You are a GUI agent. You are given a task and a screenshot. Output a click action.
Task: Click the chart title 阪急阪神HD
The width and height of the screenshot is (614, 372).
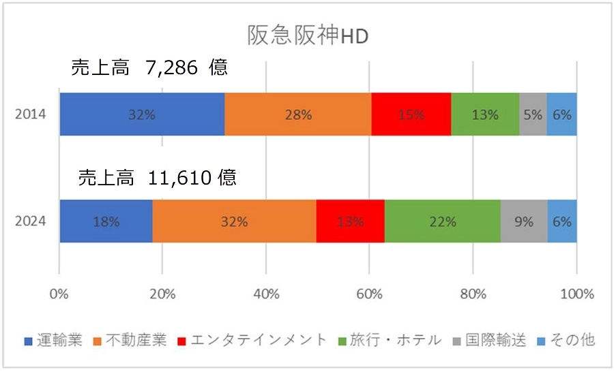pos(306,35)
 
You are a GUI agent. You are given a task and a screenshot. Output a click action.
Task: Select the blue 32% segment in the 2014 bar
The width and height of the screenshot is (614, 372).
pos(142,114)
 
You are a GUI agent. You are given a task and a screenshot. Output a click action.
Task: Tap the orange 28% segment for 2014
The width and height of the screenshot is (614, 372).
pos(297,114)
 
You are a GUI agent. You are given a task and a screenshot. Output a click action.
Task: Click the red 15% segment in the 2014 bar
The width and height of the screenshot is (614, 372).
pos(411,114)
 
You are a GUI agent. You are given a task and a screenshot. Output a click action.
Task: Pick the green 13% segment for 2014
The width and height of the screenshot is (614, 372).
pos(484,114)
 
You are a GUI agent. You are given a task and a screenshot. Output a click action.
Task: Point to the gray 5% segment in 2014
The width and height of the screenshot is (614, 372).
pos(533,114)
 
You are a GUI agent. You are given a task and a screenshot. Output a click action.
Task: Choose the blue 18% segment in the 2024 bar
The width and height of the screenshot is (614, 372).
pos(106,221)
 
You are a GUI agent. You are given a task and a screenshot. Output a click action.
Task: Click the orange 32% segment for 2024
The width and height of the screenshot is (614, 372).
pos(234,221)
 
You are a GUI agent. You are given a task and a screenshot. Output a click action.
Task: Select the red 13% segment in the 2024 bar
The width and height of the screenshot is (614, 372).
pos(350,221)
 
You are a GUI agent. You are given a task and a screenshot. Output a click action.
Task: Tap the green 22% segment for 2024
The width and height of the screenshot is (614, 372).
pos(442,221)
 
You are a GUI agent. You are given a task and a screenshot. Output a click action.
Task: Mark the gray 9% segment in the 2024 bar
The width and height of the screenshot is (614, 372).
pos(523,221)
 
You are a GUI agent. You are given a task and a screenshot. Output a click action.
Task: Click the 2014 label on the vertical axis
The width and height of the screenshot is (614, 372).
pos(31,114)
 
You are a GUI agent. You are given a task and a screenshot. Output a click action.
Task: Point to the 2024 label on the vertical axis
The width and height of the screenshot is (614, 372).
pos(31,221)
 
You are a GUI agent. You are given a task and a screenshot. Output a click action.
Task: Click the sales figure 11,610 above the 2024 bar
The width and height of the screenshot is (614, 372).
pos(180,178)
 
